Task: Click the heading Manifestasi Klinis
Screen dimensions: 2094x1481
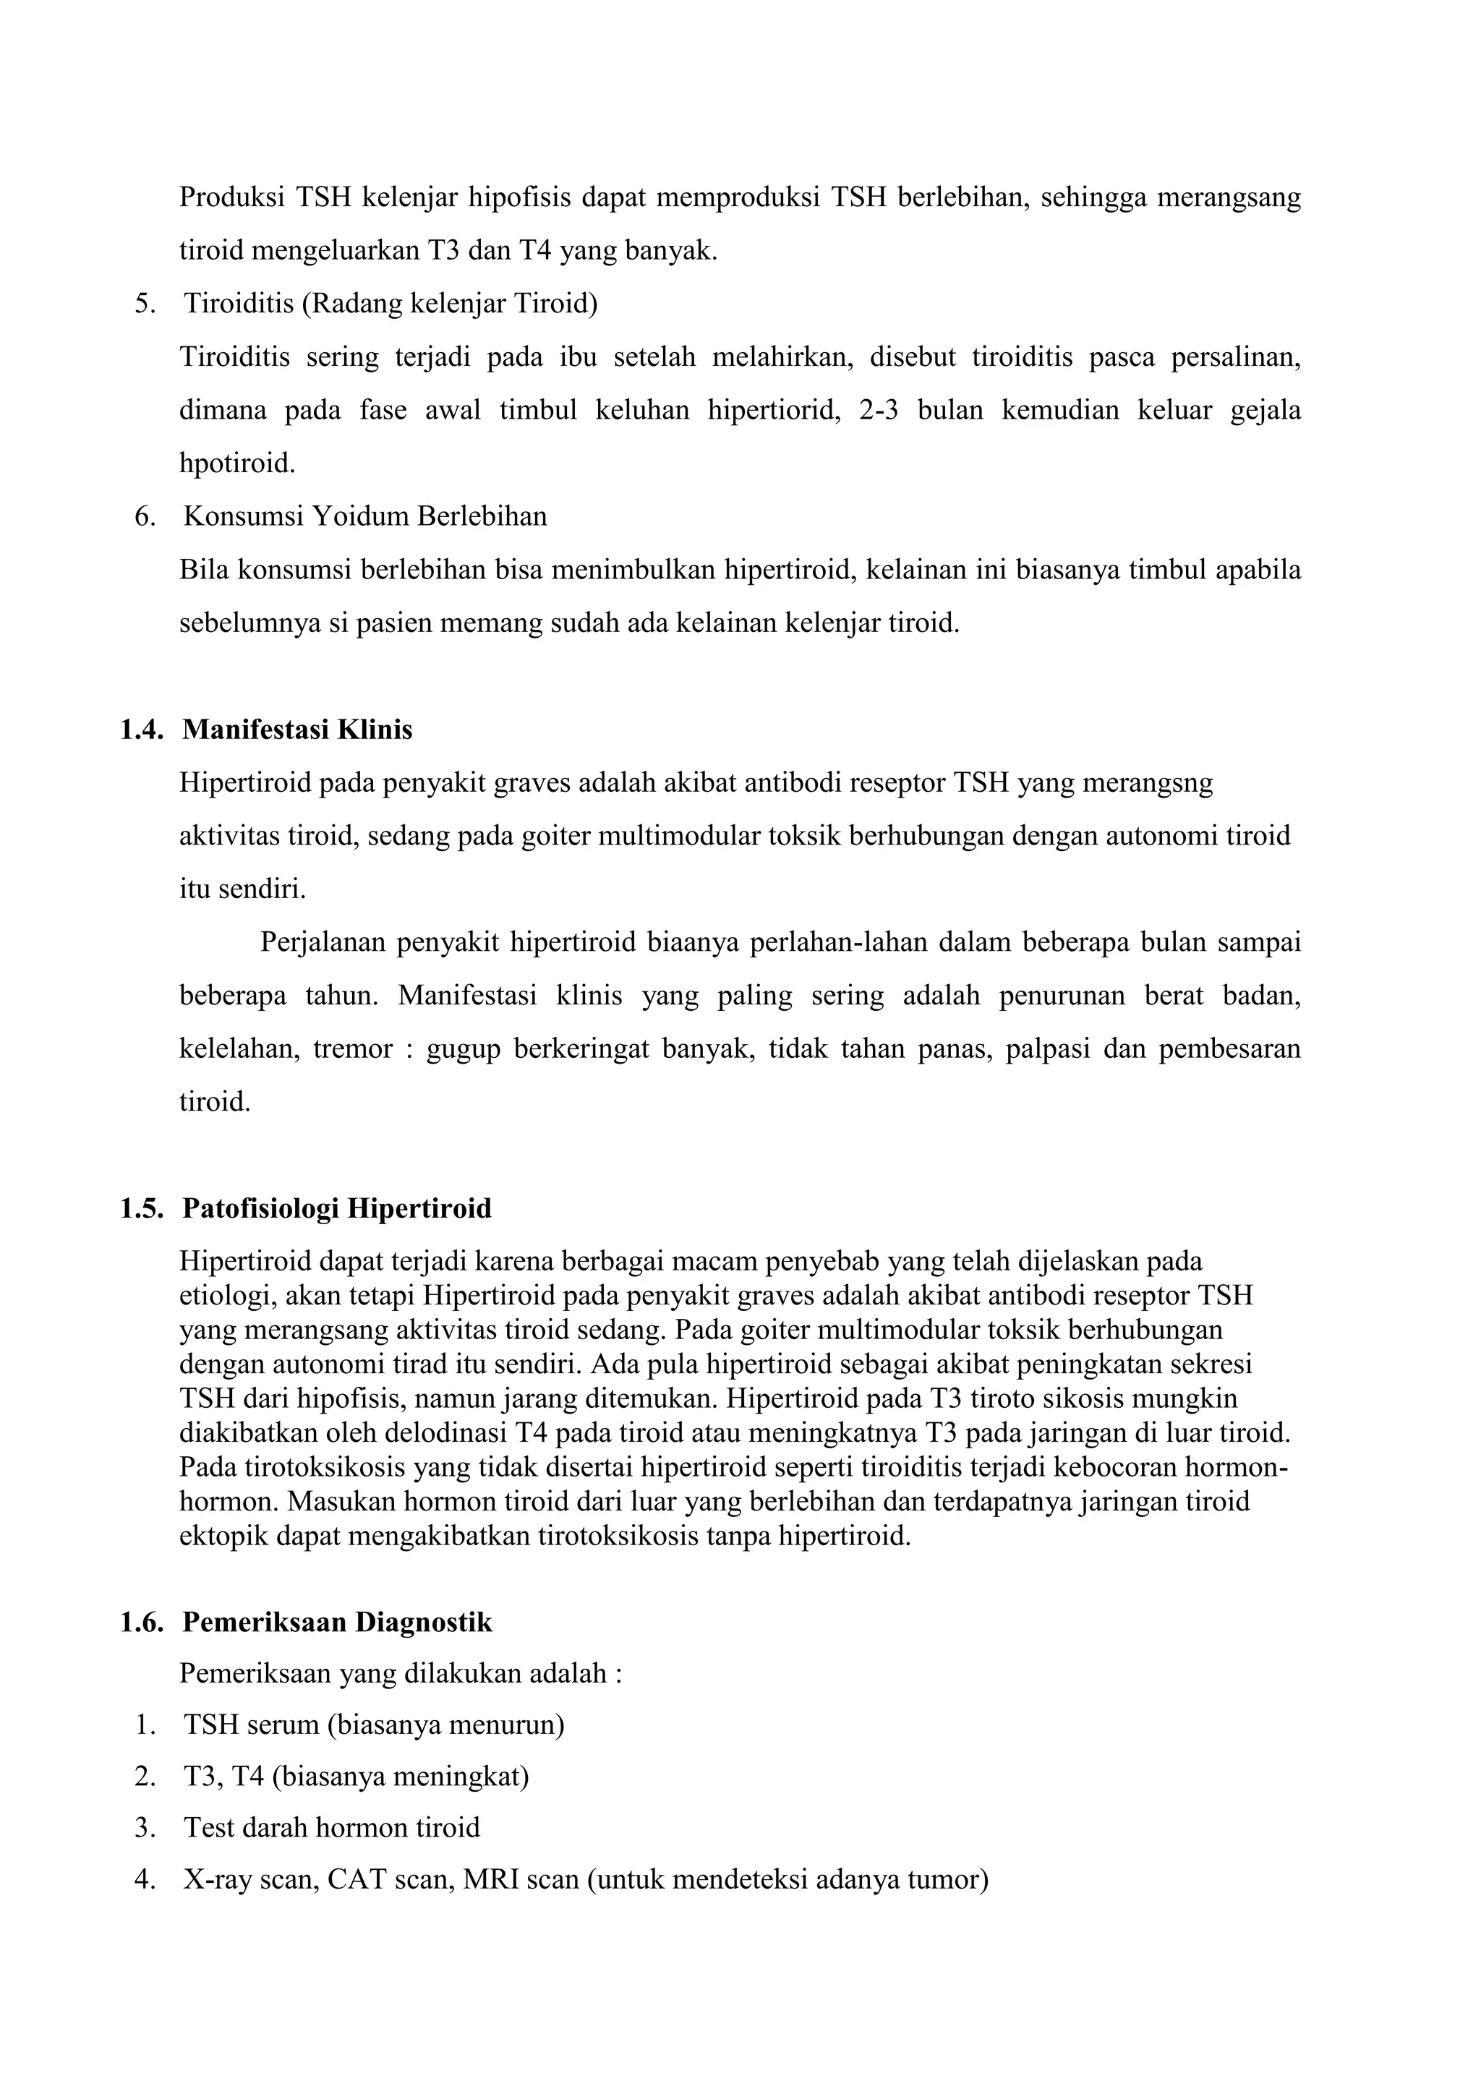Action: [297, 730]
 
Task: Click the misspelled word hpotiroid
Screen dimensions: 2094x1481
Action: [237, 464]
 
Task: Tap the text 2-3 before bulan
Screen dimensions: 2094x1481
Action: [878, 411]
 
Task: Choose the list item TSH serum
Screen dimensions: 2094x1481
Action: [374, 1725]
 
